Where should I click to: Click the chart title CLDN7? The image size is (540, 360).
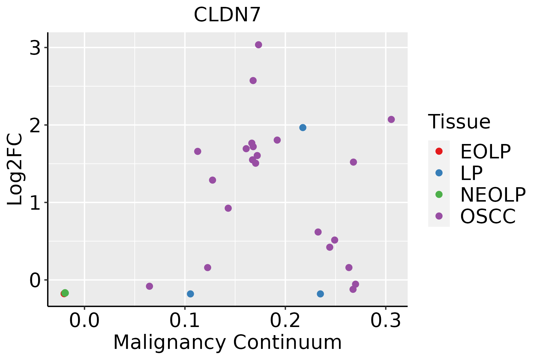(x=227, y=15)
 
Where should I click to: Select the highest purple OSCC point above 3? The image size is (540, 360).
(x=258, y=45)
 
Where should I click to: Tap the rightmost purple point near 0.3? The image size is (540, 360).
(x=391, y=119)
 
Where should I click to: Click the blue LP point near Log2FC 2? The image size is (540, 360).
(x=303, y=127)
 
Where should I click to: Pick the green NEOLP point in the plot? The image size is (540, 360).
(x=65, y=293)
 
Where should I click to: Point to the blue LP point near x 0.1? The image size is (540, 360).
(x=190, y=294)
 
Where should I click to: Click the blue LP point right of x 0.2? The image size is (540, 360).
(x=320, y=294)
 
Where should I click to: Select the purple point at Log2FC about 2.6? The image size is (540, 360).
(x=253, y=80)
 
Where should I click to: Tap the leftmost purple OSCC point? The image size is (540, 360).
(x=149, y=286)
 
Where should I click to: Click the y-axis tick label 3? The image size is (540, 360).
(x=35, y=48)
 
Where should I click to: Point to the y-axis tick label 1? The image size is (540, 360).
(x=35, y=203)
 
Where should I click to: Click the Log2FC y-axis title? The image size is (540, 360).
(x=15, y=169)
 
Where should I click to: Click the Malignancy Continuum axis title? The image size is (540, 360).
(x=227, y=343)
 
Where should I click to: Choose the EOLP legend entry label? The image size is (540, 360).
(x=485, y=151)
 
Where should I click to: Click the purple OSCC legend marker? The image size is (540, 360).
(x=439, y=216)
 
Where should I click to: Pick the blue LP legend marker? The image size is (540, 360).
(x=439, y=173)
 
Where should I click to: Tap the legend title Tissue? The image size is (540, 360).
(x=459, y=122)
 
